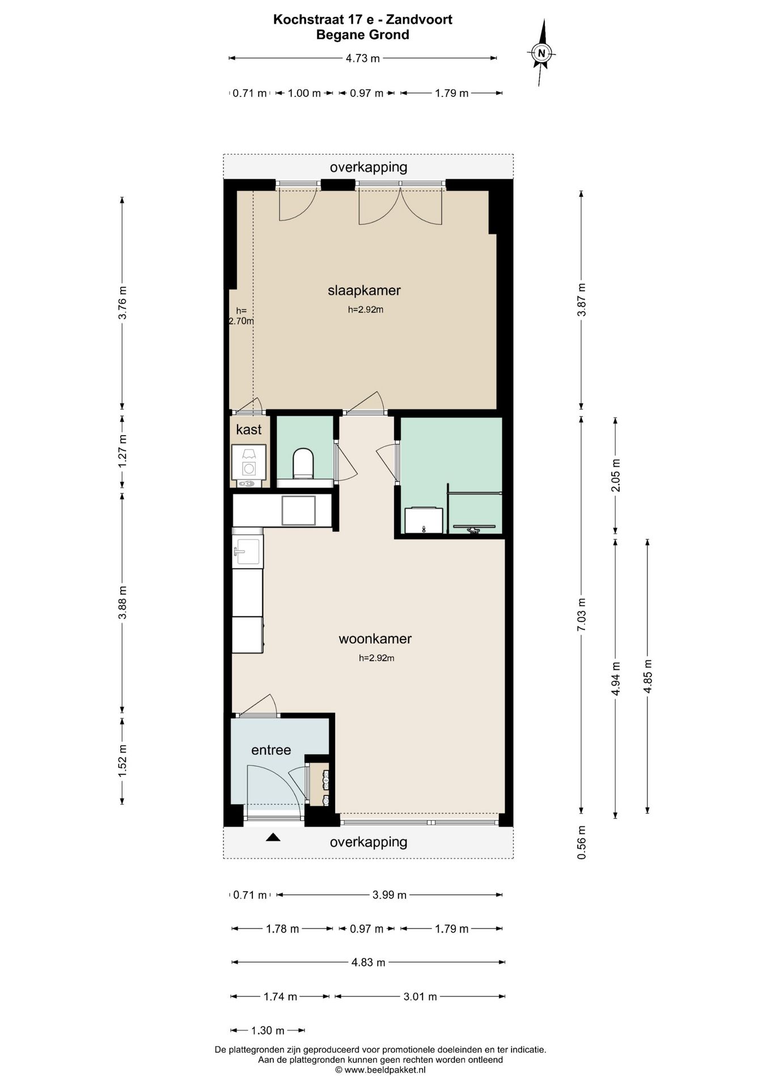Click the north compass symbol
[x=541, y=53]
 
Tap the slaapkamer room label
[x=364, y=290]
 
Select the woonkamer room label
[x=375, y=639]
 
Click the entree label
[x=271, y=750]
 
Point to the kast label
[x=249, y=429]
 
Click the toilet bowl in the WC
[x=303, y=463]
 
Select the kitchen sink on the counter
[x=248, y=551]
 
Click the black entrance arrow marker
[x=273, y=837]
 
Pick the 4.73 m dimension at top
[x=363, y=58]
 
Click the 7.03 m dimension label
[x=581, y=615]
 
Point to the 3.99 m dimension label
[x=390, y=895]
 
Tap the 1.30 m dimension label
[x=268, y=1031]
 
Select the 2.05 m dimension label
[x=616, y=475]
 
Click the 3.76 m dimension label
[x=122, y=302]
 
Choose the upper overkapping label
[x=369, y=167]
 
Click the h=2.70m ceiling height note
[x=242, y=315]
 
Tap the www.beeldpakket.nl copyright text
[x=380, y=1070]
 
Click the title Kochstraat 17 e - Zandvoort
[x=363, y=19]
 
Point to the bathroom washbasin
[x=424, y=521]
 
